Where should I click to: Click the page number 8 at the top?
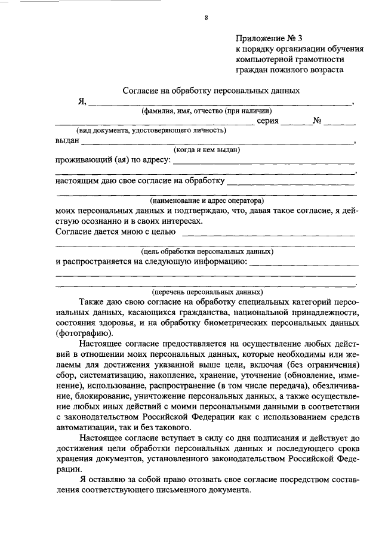click(x=206, y=17)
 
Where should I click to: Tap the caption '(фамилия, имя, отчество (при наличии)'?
click(x=207, y=111)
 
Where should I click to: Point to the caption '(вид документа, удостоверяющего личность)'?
click(x=150, y=130)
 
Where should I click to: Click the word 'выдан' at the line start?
click(x=67, y=141)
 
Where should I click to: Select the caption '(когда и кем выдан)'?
click(x=207, y=150)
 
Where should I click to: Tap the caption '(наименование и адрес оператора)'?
click(x=207, y=200)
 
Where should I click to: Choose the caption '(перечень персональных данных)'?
click(x=207, y=292)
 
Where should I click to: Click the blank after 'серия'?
click(x=297, y=122)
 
